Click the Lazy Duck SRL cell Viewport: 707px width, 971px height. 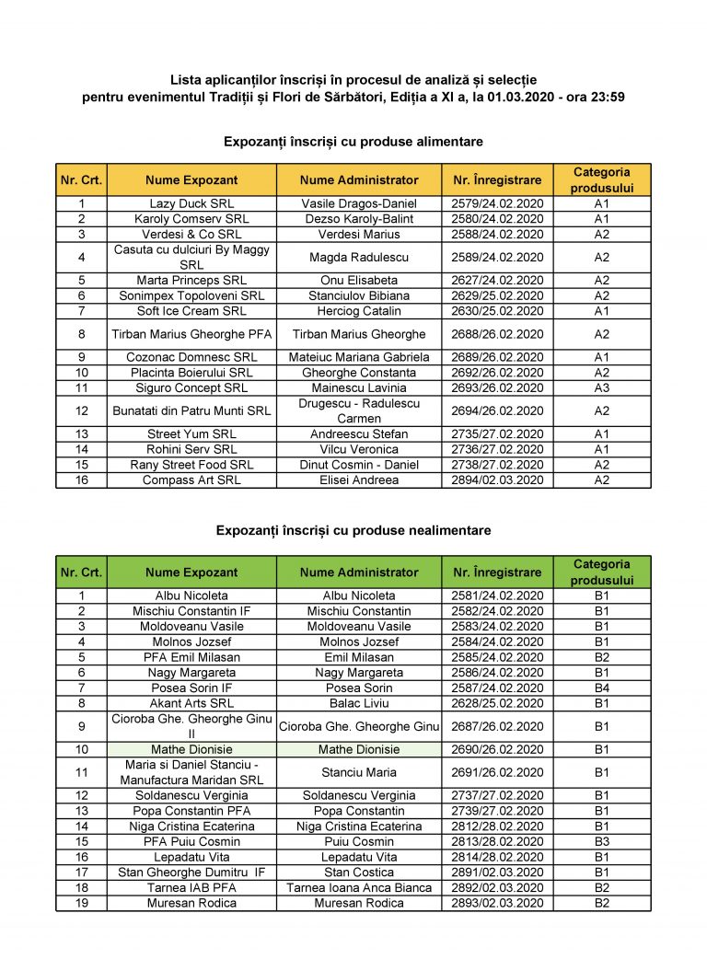[191, 203]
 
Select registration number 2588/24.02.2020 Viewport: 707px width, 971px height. [497, 235]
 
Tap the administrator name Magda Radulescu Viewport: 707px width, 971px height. [359, 258]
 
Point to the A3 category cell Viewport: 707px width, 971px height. [601, 388]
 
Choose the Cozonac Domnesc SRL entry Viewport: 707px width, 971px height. [191, 357]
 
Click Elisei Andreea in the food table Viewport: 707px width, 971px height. [359, 480]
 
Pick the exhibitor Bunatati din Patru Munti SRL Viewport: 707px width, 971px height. [191, 411]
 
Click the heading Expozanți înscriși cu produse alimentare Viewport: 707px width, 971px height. [353, 142]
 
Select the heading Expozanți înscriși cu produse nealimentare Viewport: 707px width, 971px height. [353, 530]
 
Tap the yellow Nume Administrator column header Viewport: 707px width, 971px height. [359, 180]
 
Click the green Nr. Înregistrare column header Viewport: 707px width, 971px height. [497, 572]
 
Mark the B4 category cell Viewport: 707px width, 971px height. [601, 688]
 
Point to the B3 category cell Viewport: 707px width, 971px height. [601, 842]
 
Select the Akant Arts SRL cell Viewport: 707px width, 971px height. [191, 704]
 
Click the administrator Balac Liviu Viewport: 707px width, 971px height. [359, 704]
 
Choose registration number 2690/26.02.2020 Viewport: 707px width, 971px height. [497, 750]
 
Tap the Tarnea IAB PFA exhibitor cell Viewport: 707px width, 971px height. [191, 888]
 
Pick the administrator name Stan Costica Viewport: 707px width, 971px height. [359, 873]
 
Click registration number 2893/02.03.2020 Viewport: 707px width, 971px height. [497, 903]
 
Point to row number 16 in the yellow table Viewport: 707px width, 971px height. [81, 480]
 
